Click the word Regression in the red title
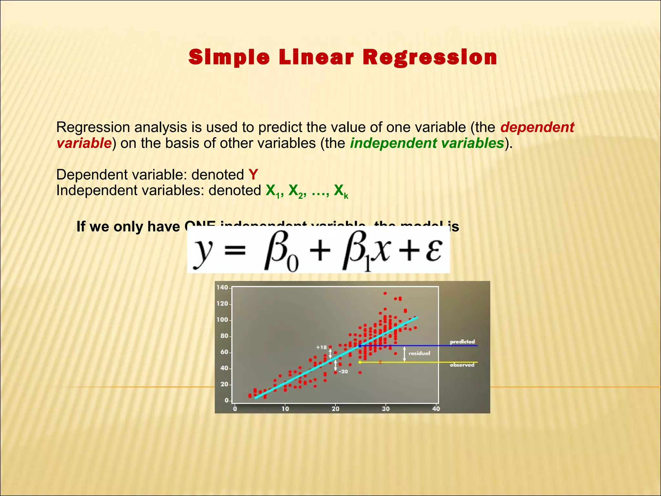[430, 57]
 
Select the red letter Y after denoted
[253, 175]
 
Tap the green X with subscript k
[341, 191]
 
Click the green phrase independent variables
[427, 143]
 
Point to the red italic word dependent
[537, 127]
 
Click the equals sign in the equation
[235, 250]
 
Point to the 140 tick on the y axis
[222, 287]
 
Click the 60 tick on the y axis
[224, 352]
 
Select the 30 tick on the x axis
[386, 409]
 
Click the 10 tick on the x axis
[285, 409]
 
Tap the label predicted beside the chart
[462, 342]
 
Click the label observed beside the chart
[462, 365]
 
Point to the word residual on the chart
[419, 353]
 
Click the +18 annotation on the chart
[321, 347]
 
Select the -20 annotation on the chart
[343, 372]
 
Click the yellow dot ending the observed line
[360, 362]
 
